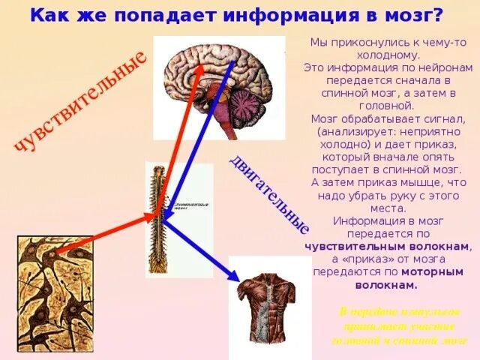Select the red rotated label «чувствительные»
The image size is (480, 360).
pyautogui.click(x=78, y=101)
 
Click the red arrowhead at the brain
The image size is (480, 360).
pyautogui.click(x=200, y=67)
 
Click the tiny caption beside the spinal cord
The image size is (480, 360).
pyautogui.click(x=190, y=205)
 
